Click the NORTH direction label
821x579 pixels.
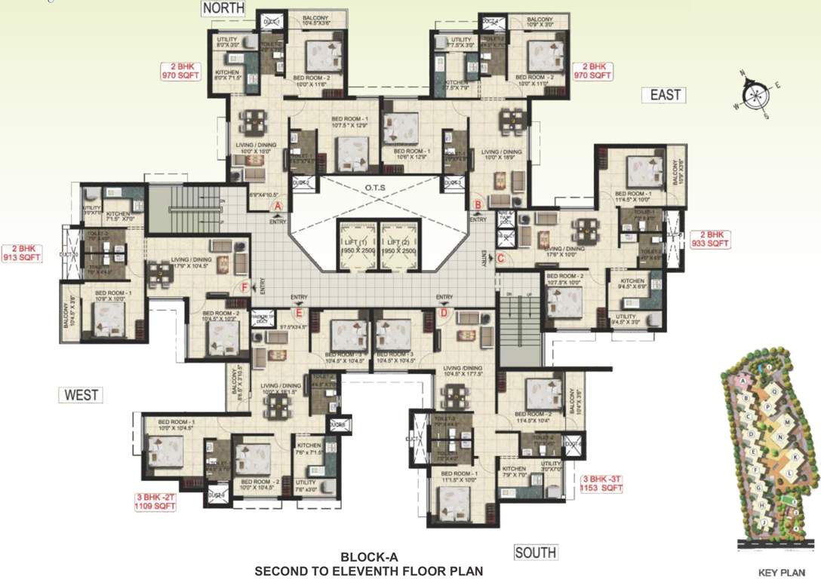(223, 8)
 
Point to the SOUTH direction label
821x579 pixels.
(536, 553)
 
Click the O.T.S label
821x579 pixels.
(377, 188)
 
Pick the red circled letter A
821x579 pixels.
(277, 204)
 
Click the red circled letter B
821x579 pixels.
(477, 204)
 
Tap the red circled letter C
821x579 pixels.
(500, 258)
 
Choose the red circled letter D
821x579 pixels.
(444, 312)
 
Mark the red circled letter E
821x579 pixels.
(299, 312)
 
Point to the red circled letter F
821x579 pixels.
(244, 286)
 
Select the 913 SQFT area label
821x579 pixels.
(23, 257)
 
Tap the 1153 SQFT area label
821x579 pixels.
(601, 488)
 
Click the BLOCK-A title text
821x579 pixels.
(368, 558)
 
